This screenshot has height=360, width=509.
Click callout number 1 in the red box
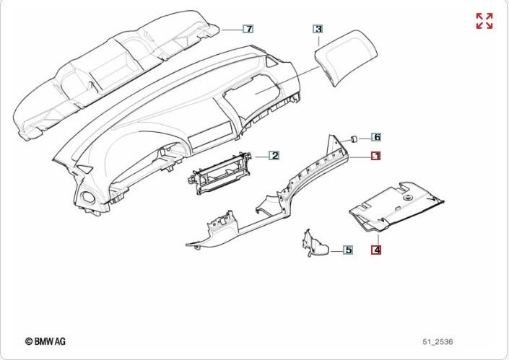[376, 156]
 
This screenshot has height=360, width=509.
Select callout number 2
[274, 155]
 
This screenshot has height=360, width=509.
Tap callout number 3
[318, 29]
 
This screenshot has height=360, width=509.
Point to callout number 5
[347, 250]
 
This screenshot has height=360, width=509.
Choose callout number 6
[376, 136]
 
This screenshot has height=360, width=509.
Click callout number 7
[248, 29]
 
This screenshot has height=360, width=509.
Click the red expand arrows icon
[484, 21]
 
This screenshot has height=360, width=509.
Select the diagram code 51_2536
[438, 341]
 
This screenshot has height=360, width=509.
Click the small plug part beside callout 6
[354, 137]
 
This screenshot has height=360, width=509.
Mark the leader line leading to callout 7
[230, 29]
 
